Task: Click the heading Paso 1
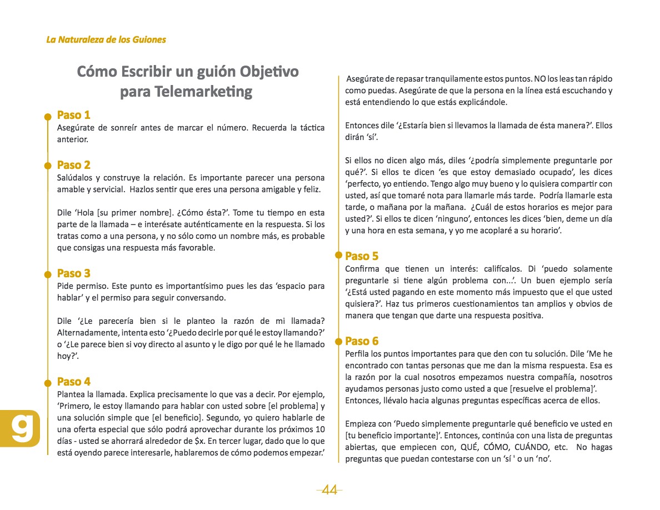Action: (x=73, y=116)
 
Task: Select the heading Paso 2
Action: (x=73, y=165)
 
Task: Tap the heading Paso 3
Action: (x=73, y=273)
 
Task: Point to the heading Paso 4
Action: (x=73, y=382)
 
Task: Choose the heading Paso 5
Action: (x=362, y=256)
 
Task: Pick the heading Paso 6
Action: (x=362, y=341)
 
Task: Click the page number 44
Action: (x=329, y=490)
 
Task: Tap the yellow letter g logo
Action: (x=21, y=428)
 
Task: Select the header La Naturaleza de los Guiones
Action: (x=106, y=39)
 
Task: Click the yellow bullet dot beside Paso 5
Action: (x=337, y=256)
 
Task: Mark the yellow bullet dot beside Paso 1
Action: (x=48, y=116)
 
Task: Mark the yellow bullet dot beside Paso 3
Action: (x=48, y=274)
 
